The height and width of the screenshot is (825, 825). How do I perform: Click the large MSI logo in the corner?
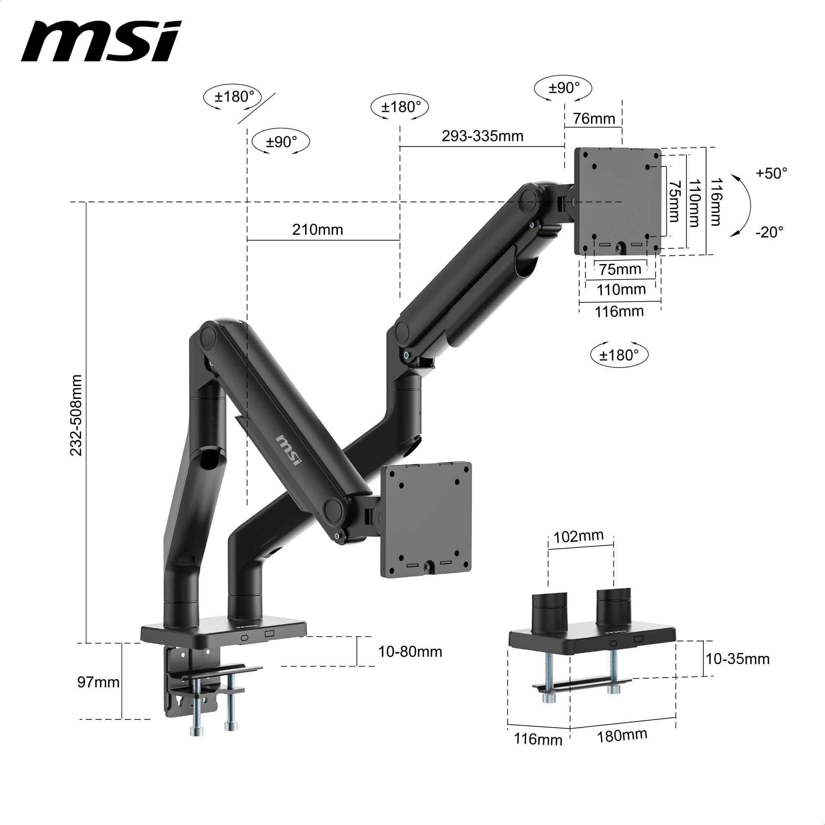[x=101, y=41]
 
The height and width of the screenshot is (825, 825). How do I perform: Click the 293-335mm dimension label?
[x=482, y=136]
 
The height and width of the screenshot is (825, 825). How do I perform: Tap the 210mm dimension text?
[x=317, y=230]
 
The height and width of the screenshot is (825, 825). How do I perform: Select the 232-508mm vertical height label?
[x=76, y=415]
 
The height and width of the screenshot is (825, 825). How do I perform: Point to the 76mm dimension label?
[x=594, y=118]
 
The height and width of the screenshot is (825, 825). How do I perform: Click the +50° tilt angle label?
[x=771, y=173]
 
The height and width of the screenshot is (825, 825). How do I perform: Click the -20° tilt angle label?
[x=769, y=232]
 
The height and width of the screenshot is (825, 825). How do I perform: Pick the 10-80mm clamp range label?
[x=410, y=652]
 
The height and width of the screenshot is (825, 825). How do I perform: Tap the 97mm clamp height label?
[x=98, y=682]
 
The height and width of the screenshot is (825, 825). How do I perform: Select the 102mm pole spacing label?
[x=578, y=537]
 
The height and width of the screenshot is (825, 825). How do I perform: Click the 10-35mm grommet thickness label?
[x=738, y=659]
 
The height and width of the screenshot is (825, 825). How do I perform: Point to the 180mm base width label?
[x=622, y=736]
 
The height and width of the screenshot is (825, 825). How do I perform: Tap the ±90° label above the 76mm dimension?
[x=563, y=88]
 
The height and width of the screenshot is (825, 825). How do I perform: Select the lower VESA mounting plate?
[x=426, y=519]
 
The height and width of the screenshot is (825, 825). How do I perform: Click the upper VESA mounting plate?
[x=617, y=201]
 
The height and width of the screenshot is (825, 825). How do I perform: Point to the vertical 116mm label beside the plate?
[x=716, y=202]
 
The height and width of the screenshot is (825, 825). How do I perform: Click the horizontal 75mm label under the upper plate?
[x=620, y=269]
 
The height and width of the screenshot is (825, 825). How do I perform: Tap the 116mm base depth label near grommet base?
[x=537, y=739]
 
